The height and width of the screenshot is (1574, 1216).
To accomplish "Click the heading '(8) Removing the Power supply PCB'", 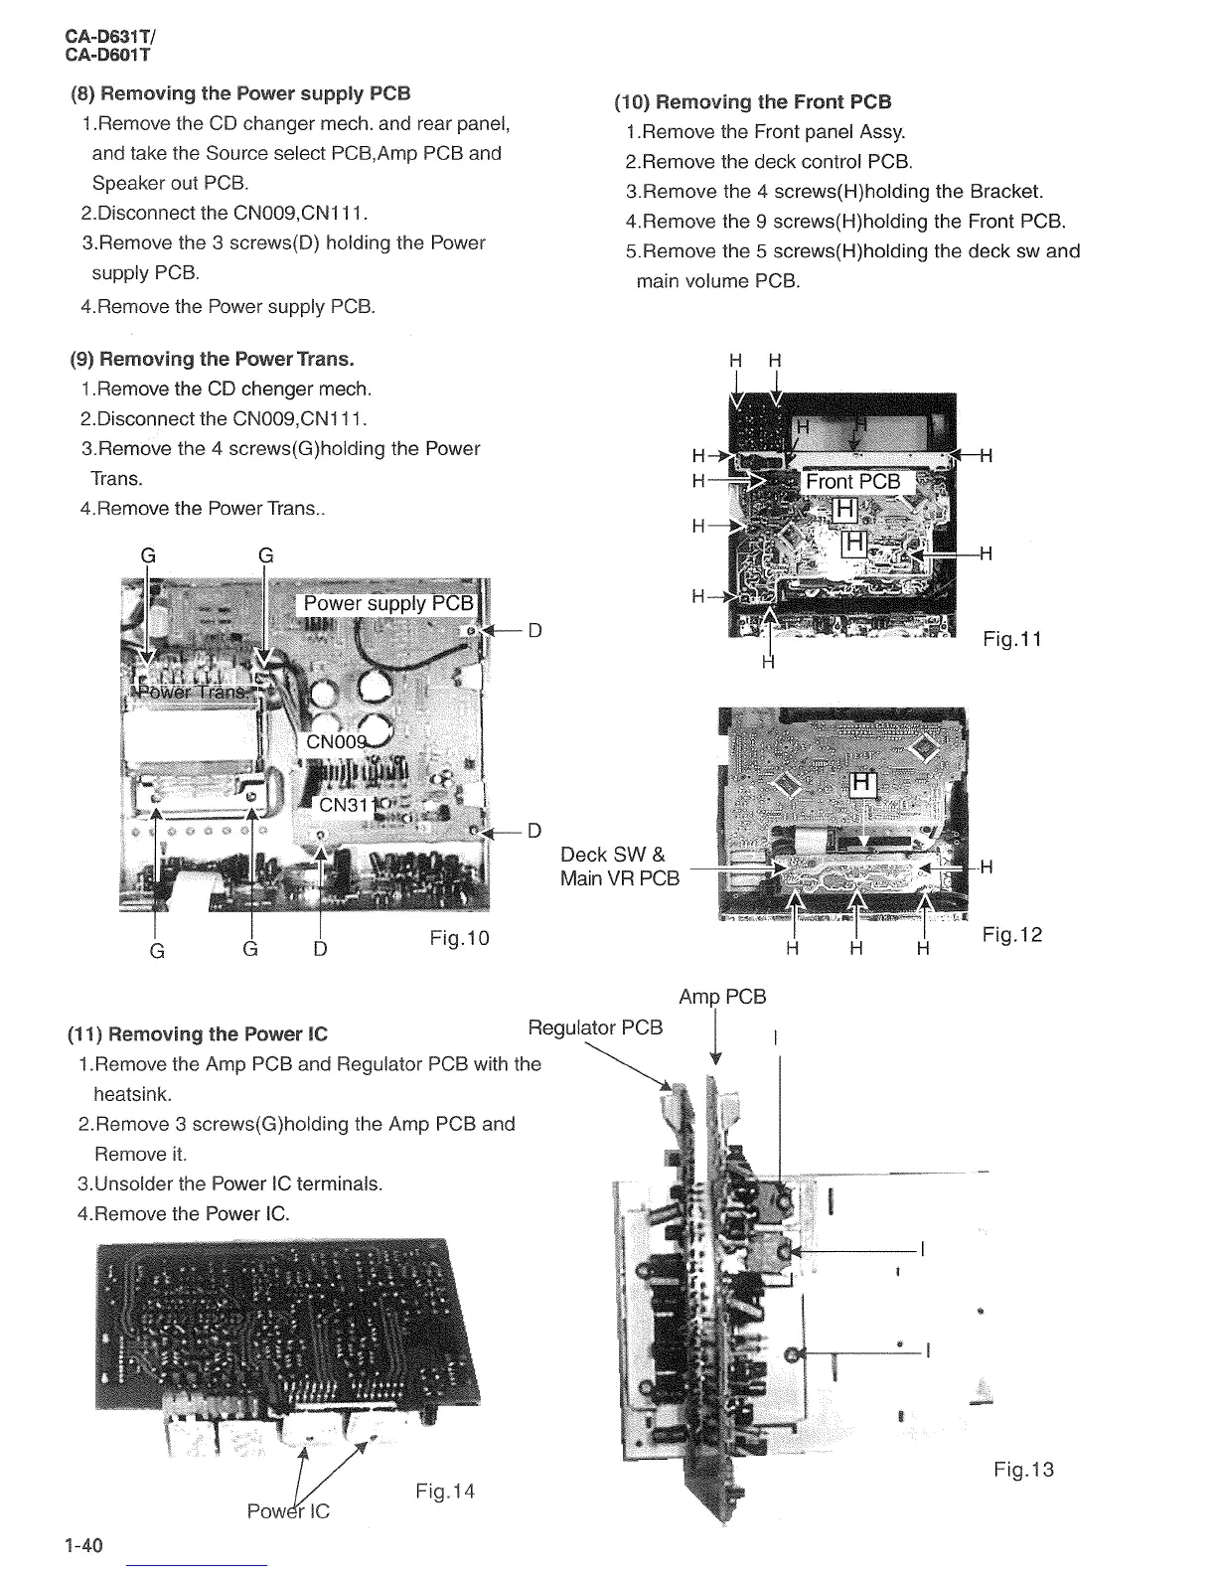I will pyautogui.click(x=239, y=94).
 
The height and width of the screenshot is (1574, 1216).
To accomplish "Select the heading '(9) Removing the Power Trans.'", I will pyautogui.click(x=212, y=359).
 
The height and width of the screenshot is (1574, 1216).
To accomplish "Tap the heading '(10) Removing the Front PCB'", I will pyautogui.click(x=753, y=102).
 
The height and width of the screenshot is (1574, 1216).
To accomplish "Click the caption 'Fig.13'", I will pyautogui.click(x=1023, y=1470).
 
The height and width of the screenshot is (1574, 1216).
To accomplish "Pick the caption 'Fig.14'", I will pyautogui.click(x=445, y=1491).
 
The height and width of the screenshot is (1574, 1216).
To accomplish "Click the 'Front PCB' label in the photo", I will pyautogui.click(x=852, y=482).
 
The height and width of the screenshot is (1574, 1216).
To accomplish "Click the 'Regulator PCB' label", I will pyautogui.click(x=595, y=1028).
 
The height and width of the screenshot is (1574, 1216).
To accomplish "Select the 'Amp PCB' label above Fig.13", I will pyautogui.click(x=722, y=997).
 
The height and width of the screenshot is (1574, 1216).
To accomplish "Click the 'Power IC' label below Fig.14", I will pyautogui.click(x=288, y=1511).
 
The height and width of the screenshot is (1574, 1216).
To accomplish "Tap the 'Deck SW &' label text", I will pyautogui.click(x=613, y=855).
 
